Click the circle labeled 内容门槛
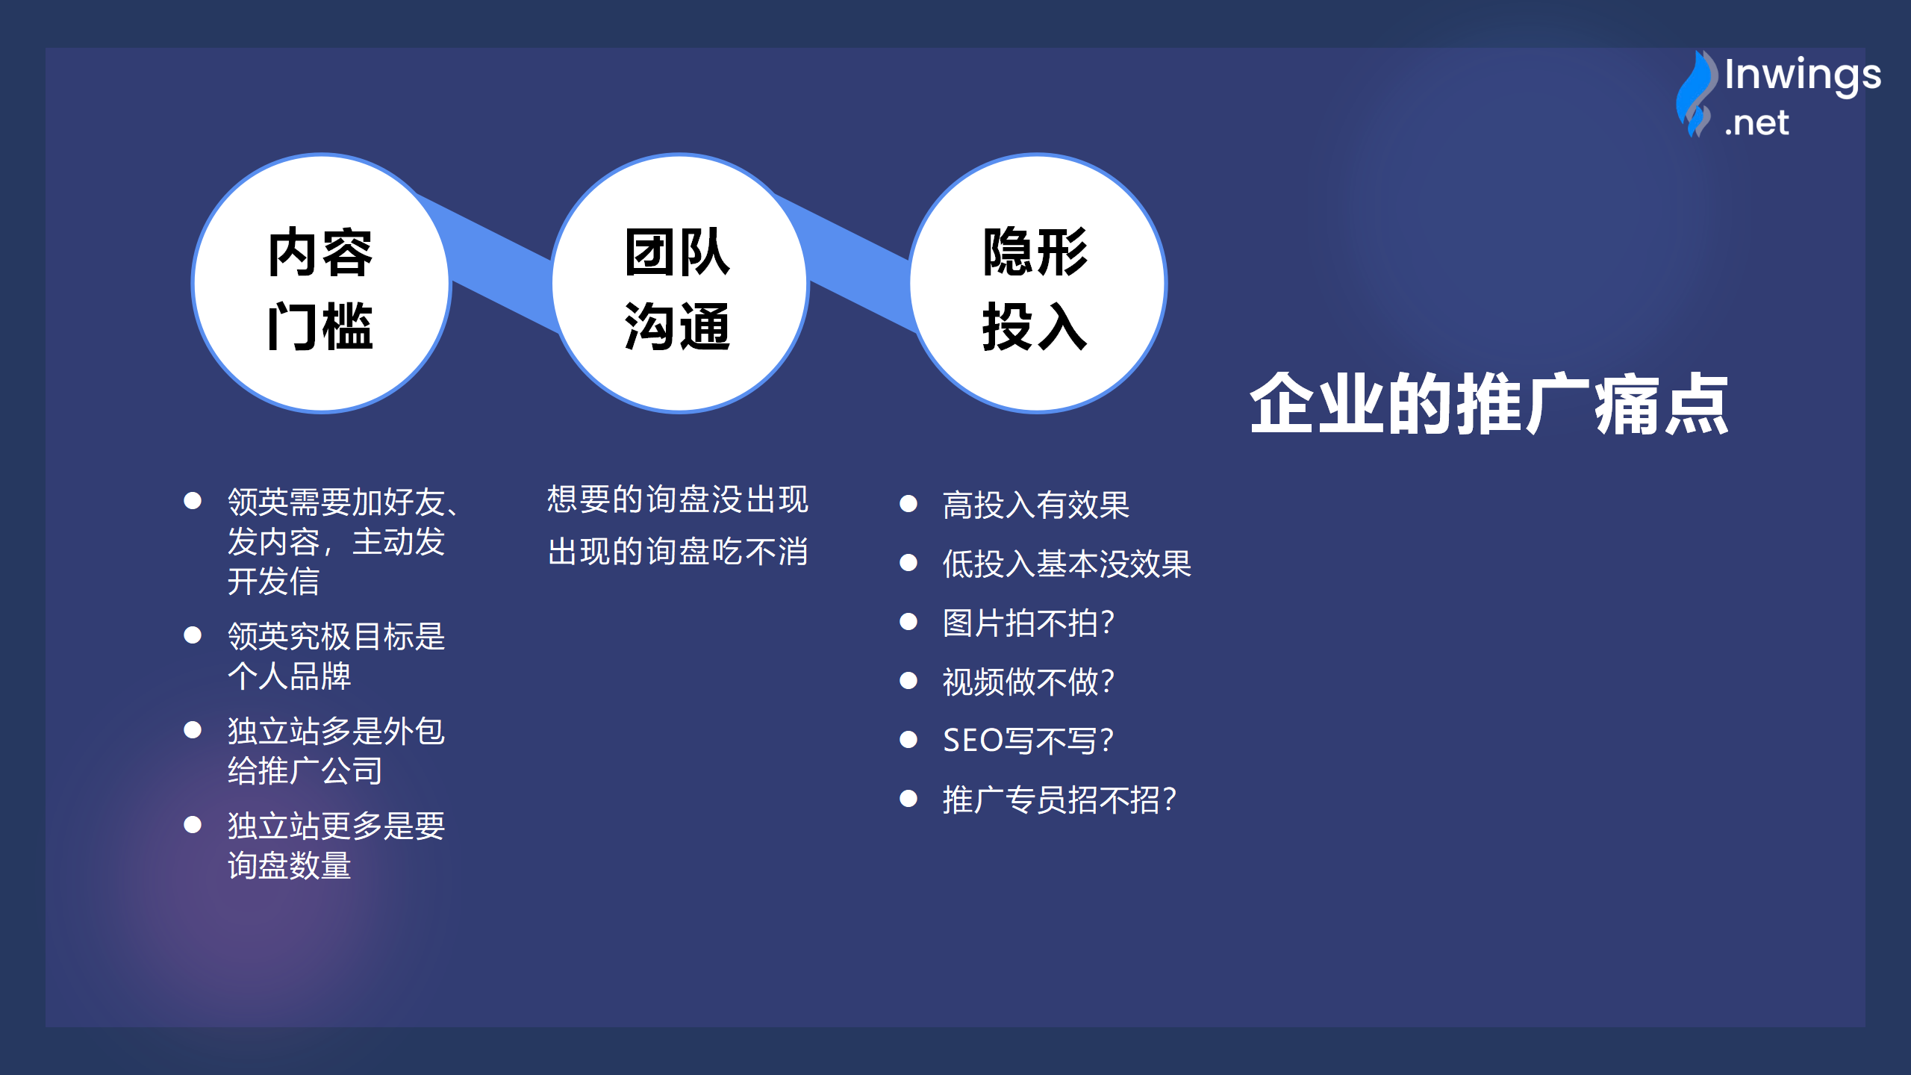[322, 283]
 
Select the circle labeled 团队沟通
[679, 283]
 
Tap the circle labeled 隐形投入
[1038, 283]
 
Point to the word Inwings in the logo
[1803, 75]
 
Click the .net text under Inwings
[1756, 123]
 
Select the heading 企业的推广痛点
[1489, 404]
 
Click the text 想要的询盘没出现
[678, 499]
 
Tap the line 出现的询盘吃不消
[678, 552]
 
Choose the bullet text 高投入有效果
[1036, 505]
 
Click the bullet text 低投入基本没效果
[1067, 564]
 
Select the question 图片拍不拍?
[1029, 623]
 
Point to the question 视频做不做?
[1029, 682]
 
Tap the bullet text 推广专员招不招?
[1060, 800]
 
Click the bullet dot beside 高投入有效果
[908, 504]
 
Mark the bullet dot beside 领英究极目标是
[193, 635]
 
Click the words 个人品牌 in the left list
[290, 676]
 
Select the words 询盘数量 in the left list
[290, 866]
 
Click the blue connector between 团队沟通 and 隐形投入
[858, 261]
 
